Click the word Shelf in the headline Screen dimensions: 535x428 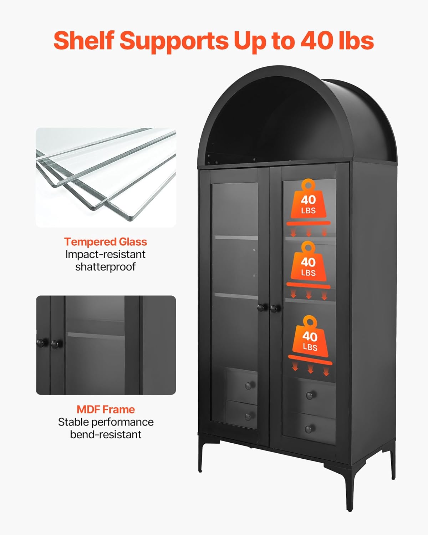pos(84,40)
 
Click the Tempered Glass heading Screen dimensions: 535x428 pos(106,242)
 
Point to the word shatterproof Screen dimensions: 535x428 pos(106,267)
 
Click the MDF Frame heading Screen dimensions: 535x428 pos(106,409)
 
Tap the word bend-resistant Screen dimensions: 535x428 pos(106,434)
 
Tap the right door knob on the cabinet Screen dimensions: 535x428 pos(275,308)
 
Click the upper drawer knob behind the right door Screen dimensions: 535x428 pos(310,395)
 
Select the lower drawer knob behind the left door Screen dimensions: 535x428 pos(248,416)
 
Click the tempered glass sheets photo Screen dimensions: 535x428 pos(106,178)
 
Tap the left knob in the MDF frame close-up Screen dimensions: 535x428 pos(41,343)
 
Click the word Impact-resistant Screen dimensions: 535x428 pos(106,254)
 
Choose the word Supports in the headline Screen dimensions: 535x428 pos(174,40)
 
